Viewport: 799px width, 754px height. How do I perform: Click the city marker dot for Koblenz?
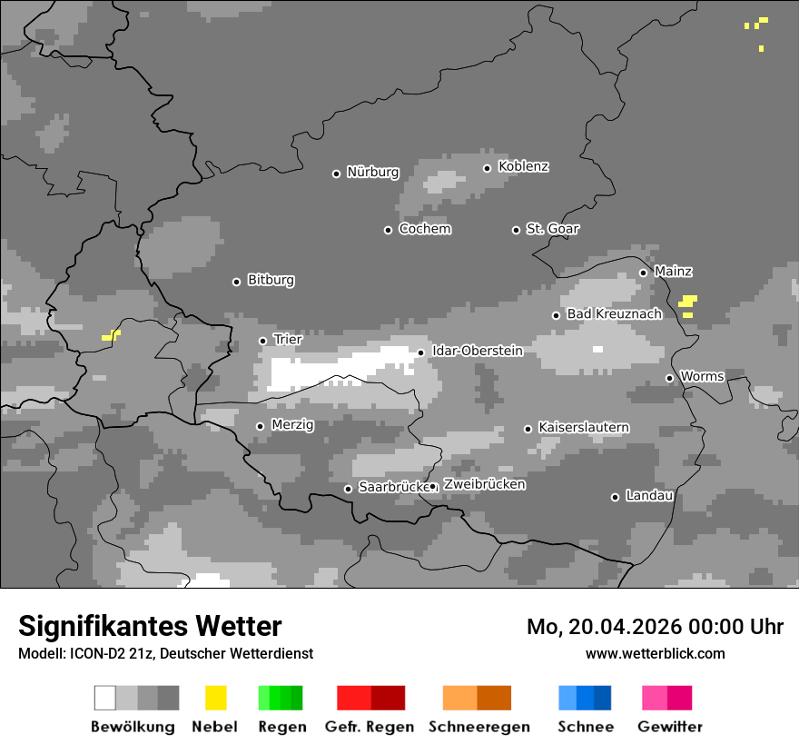click(488, 168)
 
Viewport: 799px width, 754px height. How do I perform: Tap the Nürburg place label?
click(372, 172)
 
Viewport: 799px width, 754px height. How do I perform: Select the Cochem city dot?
click(388, 230)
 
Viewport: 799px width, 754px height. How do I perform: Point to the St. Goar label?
click(552, 229)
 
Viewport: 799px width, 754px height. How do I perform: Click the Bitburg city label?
click(271, 281)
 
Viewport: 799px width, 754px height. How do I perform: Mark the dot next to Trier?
click(262, 341)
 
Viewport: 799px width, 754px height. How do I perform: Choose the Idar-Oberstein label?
click(477, 351)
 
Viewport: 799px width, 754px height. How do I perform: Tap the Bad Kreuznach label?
click(614, 314)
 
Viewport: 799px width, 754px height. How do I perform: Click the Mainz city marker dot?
click(643, 273)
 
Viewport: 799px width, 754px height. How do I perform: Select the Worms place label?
click(702, 376)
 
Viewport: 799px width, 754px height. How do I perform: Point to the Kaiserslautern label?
click(583, 427)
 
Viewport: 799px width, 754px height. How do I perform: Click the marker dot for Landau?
click(615, 497)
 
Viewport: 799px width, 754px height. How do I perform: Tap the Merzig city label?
click(292, 424)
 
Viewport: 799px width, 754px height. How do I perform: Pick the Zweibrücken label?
click(484, 484)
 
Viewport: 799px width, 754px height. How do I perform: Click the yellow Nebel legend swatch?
click(215, 698)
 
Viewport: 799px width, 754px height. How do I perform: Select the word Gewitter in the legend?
click(670, 727)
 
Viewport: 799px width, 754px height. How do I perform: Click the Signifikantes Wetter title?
click(150, 626)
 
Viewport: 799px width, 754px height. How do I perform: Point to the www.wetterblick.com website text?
click(655, 653)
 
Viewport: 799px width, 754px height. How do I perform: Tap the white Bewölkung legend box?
click(105, 698)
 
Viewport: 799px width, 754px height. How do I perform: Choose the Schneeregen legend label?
click(478, 727)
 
